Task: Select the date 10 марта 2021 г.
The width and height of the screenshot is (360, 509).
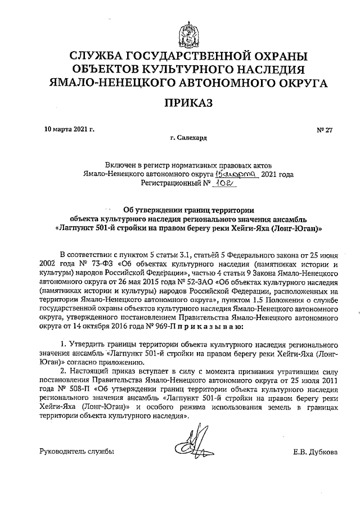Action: (x=69, y=129)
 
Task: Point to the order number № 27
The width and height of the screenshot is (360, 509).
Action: (x=325, y=129)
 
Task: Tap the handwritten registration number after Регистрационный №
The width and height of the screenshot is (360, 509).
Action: (x=227, y=183)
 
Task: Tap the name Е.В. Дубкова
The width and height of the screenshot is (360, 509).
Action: (x=315, y=451)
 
